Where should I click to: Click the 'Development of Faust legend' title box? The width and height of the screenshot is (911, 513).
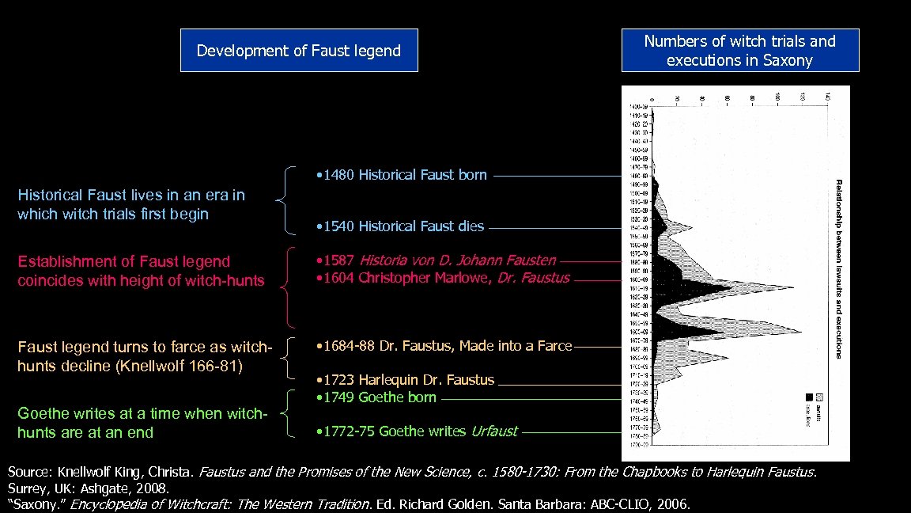coord(299,51)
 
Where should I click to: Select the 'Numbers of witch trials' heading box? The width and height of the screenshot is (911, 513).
coord(739,51)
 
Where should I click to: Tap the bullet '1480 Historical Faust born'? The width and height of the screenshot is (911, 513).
coord(400,175)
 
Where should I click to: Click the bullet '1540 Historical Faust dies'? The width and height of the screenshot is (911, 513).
coord(399,226)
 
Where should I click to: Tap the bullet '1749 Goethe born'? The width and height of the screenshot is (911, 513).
coord(376,397)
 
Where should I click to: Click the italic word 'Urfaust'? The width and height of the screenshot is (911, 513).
coord(493,431)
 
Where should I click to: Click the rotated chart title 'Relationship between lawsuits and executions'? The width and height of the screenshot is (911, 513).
coord(839,269)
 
